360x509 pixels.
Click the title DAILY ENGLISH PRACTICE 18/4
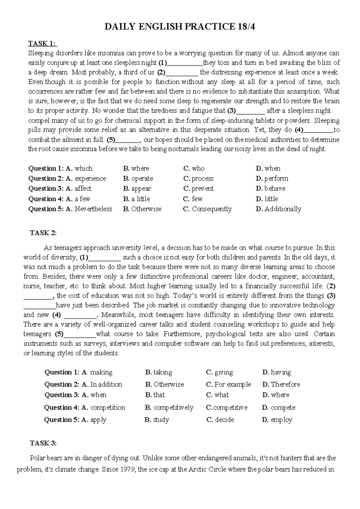click(180, 27)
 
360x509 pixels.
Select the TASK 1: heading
click(42, 44)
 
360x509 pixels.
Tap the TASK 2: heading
click(43, 233)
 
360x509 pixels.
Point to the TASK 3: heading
click(43, 443)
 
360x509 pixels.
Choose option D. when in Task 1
click(268, 168)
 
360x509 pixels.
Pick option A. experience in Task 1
click(86, 179)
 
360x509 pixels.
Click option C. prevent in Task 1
click(198, 188)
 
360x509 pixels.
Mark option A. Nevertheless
click(89, 209)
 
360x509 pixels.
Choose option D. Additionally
click(278, 209)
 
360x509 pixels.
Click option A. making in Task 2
click(97, 372)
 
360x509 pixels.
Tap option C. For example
click(228, 384)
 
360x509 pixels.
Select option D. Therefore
click(281, 384)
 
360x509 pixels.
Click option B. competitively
click(169, 408)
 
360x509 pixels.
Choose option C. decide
click(220, 420)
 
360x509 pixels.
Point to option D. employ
click(277, 420)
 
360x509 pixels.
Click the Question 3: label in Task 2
click(62, 395)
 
